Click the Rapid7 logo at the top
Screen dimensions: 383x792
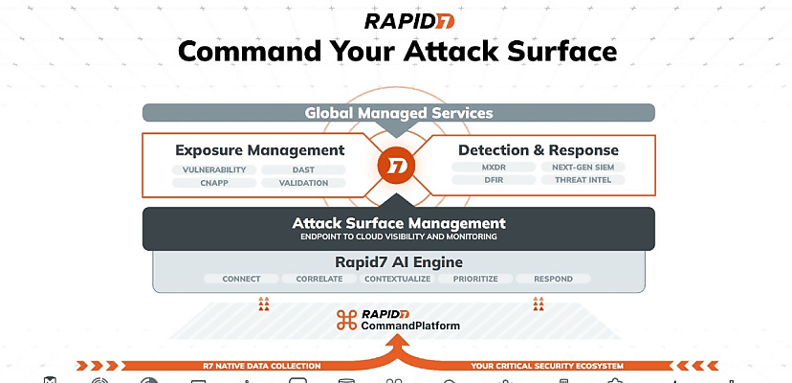(x=396, y=20)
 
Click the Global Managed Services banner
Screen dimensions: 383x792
(x=398, y=113)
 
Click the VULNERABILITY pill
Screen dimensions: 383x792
(x=214, y=169)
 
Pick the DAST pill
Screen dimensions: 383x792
(x=303, y=169)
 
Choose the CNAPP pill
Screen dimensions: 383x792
(x=214, y=183)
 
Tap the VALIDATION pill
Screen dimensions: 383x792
(x=303, y=183)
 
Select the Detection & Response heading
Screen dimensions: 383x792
(x=538, y=150)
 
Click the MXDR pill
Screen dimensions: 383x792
(x=493, y=167)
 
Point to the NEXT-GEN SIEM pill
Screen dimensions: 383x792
(x=583, y=167)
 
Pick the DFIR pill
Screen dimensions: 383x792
(x=493, y=180)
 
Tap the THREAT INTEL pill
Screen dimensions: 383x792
(x=583, y=180)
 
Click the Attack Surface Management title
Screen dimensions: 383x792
(x=398, y=223)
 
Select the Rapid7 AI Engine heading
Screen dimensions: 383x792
(x=398, y=261)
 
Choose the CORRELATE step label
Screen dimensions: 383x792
(x=319, y=280)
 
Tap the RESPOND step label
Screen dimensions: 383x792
(x=554, y=280)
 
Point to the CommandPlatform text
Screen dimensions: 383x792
(x=410, y=326)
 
